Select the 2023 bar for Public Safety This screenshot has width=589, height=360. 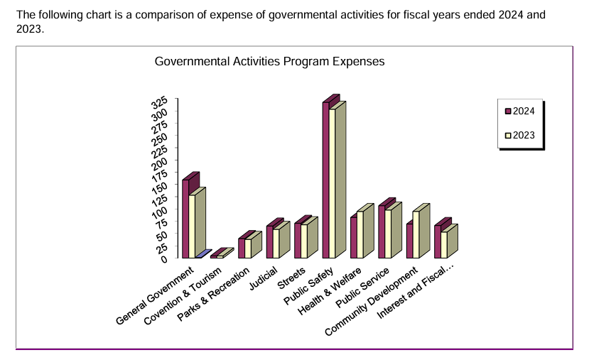(x=333, y=184)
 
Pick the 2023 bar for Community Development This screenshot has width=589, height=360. (x=416, y=234)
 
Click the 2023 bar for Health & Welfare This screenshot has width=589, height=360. (x=360, y=234)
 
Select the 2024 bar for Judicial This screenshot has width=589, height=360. (x=270, y=241)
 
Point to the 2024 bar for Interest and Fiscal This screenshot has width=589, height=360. (x=438, y=241)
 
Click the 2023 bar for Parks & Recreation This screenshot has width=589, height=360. (x=248, y=249)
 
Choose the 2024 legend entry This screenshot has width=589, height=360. (x=520, y=111)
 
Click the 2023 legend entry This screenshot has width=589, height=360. (x=520, y=134)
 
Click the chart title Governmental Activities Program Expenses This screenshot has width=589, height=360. (x=269, y=62)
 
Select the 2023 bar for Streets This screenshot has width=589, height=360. (x=304, y=241)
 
